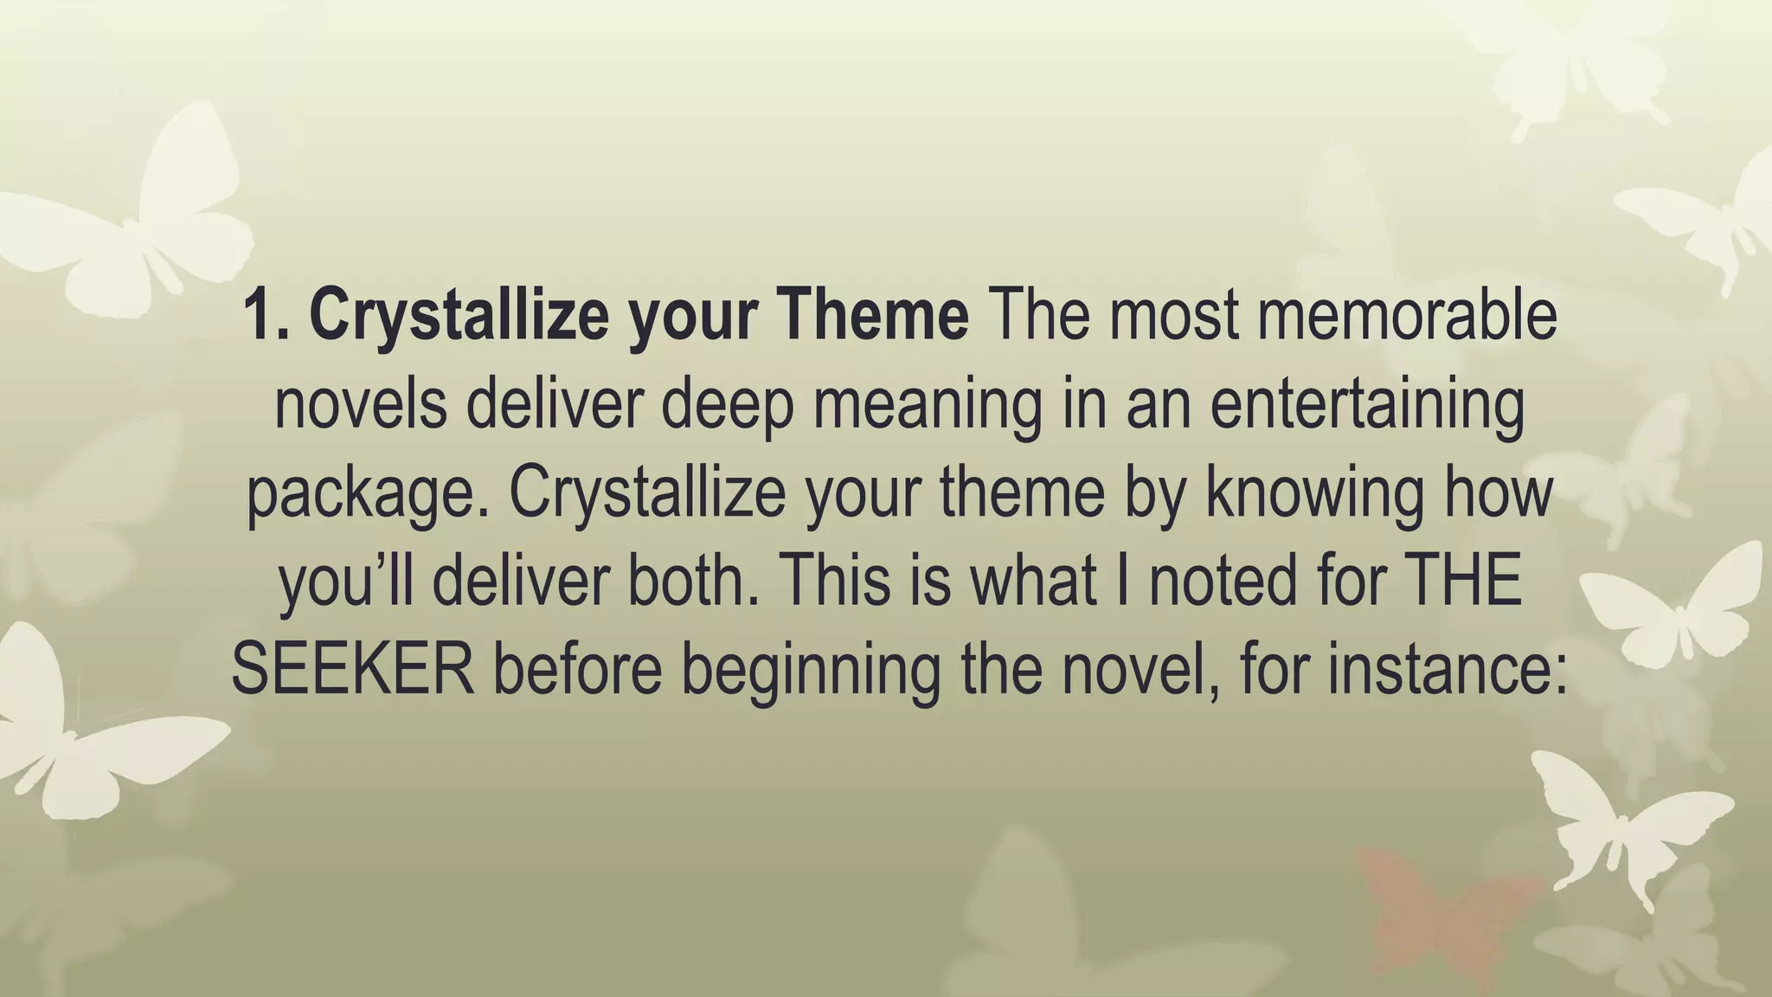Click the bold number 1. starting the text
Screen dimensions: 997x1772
[268, 316]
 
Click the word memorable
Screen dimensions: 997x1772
[1406, 316]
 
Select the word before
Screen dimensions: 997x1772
[578, 671]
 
